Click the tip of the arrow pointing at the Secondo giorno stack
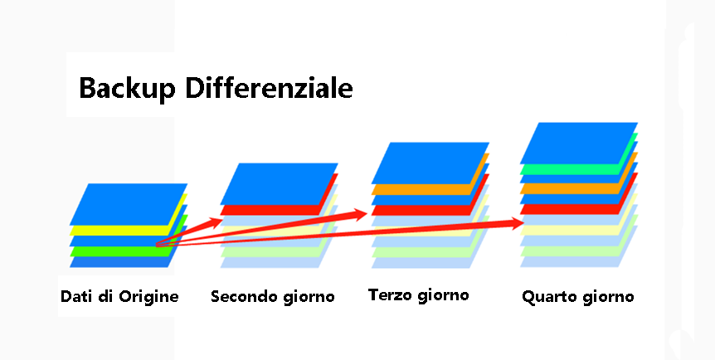[222, 221]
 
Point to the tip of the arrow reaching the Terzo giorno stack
[367, 213]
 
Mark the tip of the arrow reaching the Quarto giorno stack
[524, 223]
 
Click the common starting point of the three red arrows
[157, 245]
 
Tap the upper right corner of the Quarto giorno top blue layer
[638, 123]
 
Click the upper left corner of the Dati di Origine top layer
[88, 184]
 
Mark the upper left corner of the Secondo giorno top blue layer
[239, 163]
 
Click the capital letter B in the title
[88, 88]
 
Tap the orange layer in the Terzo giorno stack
[424, 189]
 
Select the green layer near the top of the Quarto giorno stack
[573, 169]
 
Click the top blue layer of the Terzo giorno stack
[430, 163]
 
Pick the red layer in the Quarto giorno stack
[573, 209]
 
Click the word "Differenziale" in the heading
[269, 88]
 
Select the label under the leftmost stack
[119, 297]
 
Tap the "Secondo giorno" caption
[273, 297]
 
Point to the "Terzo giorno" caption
[419, 295]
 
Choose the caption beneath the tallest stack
[578, 297]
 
